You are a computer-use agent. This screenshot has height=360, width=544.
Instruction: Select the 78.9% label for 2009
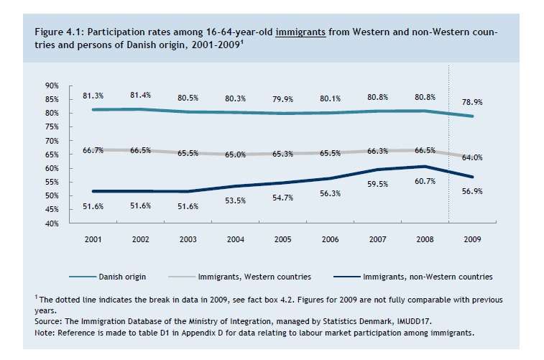pyautogui.click(x=472, y=102)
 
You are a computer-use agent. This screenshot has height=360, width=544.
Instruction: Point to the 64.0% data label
pyautogui.click(x=472, y=157)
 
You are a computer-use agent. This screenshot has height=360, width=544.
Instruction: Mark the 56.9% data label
pyautogui.click(x=472, y=192)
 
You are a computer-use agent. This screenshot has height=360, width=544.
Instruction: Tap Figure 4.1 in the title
pyautogui.click(x=57, y=32)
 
